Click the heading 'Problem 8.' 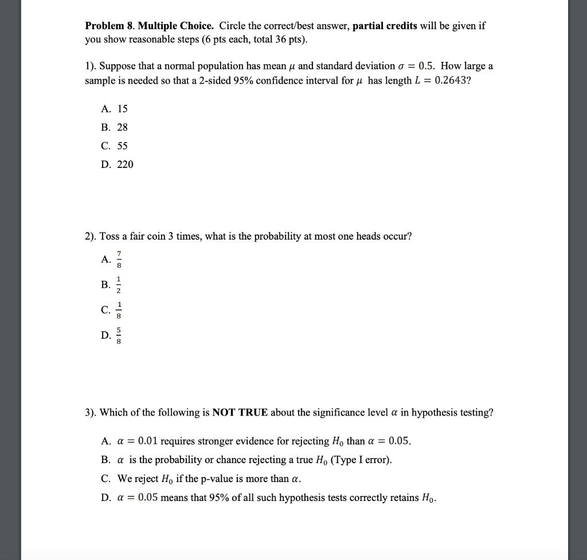coord(109,26)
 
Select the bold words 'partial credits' coord(385,26)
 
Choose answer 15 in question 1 coord(122,108)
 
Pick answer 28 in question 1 coord(122,127)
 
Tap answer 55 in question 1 coord(122,146)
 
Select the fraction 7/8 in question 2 coord(119,260)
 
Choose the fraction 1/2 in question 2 coord(119,285)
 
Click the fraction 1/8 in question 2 coord(119,310)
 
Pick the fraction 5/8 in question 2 coord(119,335)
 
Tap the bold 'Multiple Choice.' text coord(176,26)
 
